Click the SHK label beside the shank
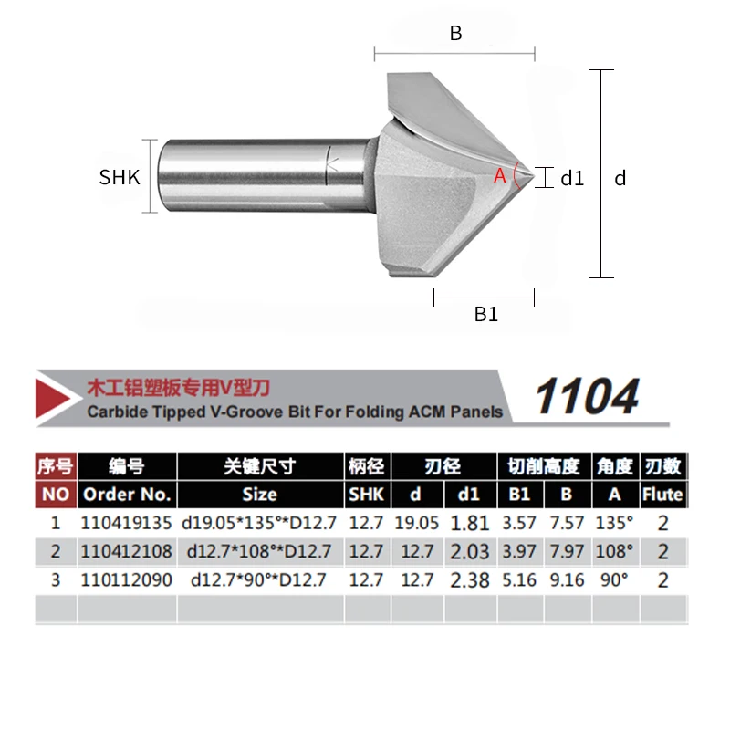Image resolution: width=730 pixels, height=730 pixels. click(120, 177)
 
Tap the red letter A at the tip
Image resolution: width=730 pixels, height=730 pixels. click(499, 176)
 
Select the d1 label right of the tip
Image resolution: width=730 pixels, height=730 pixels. click(572, 178)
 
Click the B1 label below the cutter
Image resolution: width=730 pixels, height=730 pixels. click(485, 315)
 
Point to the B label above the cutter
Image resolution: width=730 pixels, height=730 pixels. click(455, 34)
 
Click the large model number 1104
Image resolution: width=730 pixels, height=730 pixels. click(587, 397)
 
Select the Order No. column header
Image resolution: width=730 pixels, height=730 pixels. click(127, 495)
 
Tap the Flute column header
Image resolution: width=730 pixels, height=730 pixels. click(662, 495)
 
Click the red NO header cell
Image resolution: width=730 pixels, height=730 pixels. click(55, 495)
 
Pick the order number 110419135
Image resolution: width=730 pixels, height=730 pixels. click(127, 524)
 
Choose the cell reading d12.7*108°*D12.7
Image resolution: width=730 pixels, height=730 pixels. click(259, 552)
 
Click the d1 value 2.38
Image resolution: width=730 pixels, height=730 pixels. click(471, 580)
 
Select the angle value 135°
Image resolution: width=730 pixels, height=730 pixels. click(615, 524)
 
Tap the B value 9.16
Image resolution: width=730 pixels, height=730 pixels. click(568, 580)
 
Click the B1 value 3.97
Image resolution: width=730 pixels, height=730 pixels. click(520, 552)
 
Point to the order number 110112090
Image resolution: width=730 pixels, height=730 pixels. click(127, 580)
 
